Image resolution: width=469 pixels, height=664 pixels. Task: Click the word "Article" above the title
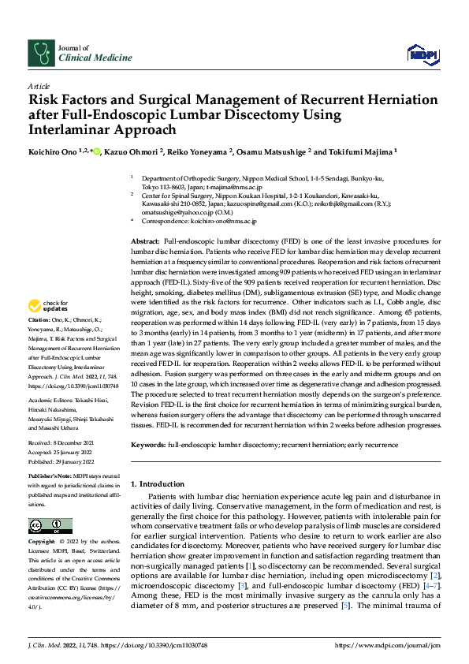tap(39, 85)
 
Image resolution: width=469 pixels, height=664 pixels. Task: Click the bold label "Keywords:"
tap(148, 446)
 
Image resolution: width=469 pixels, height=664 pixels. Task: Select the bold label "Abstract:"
tap(146, 240)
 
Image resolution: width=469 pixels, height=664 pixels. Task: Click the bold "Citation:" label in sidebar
tap(39, 342)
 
